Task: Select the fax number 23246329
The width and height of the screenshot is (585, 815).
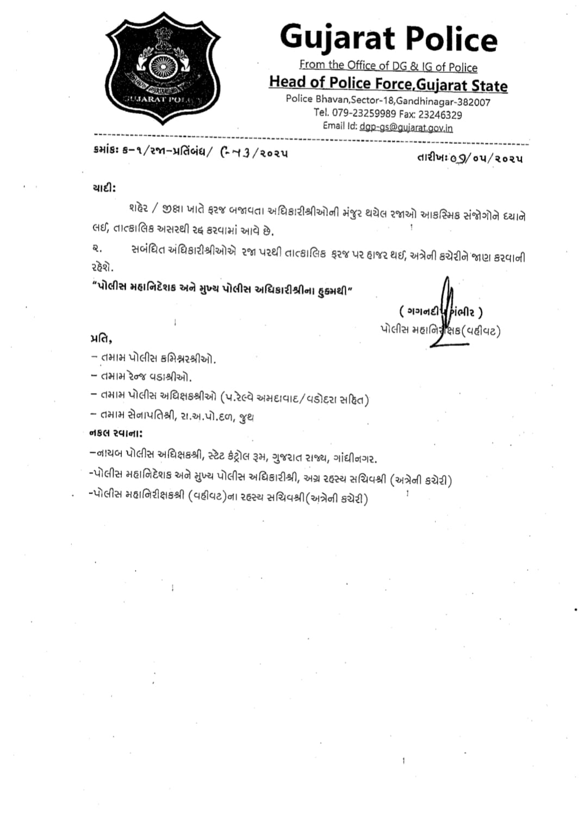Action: tap(440, 115)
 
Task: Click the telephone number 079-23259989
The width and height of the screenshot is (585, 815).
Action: tap(364, 113)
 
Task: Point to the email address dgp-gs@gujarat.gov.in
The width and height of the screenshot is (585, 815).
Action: tap(406, 127)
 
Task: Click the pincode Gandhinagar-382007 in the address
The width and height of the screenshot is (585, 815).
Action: tap(443, 101)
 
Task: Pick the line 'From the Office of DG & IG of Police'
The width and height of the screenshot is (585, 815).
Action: tap(388, 66)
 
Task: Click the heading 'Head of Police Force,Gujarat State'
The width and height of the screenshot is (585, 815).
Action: tap(388, 84)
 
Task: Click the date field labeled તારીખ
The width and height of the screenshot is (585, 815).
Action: tap(470, 158)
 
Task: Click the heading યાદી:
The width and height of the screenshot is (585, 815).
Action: tap(103, 188)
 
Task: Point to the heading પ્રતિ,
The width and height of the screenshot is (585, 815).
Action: tap(101, 339)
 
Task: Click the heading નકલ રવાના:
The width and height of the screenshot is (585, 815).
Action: tap(116, 433)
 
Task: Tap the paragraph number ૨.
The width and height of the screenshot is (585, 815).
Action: tap(96, 249)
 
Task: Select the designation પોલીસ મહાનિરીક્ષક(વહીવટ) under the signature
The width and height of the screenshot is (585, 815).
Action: tap(440, 330)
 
